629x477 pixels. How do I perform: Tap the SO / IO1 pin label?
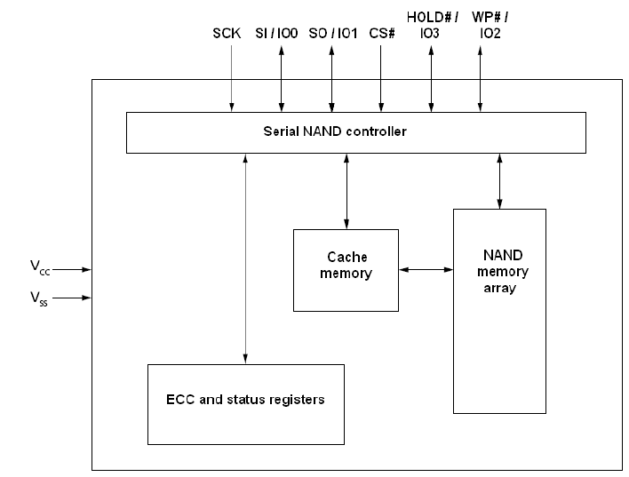pyautogui.click(x=332, y=33)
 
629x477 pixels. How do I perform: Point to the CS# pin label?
pyautogui.click(x=381, y=33)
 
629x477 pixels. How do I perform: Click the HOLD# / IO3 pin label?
pyautogui.click(x=432, y=24)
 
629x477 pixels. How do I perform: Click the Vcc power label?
pyautogui.click(x=38, y=266)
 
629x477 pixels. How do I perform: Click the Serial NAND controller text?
pyautogui.click(x=335, y=131)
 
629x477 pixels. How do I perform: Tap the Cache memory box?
pyautogui.click(x=346, y=269)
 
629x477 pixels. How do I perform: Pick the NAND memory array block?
pyautogui.click(x=499, y=311)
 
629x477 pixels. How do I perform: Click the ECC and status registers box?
pyautogui.click(x=247, y=403)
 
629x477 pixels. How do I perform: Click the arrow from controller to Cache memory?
pyautogui.click(x=346, y=190)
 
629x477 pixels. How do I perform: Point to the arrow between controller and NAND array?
pyautogui.click(x=499, y=180)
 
